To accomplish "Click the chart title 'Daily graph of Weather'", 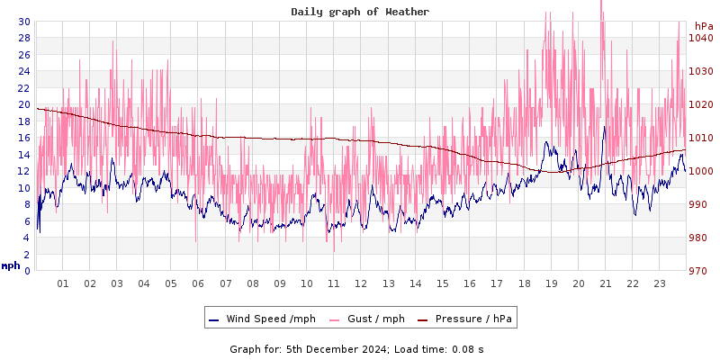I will click(x=360, y=12).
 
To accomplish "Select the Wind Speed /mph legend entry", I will click(x=270, y=319).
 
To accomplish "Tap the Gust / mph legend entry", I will click(x=375, y=319).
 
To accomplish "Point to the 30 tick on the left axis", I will click(x=23, y=22).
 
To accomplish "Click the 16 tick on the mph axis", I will click(x=23, y=138).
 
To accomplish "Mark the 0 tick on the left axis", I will click(x=27, y=271).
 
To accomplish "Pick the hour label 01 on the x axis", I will click(x=63, y=283).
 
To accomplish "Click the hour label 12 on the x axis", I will click(x=361, y=283).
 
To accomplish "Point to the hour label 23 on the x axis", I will click(x=659, y=283).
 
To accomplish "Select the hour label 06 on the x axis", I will click(x=198, y=283).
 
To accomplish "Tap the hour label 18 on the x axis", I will click(x=524, y=283).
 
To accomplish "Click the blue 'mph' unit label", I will click(x=11, y=265).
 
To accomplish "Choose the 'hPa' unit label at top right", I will click(x=703, y=26).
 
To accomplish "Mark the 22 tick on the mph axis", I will click(x=23, y=88).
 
